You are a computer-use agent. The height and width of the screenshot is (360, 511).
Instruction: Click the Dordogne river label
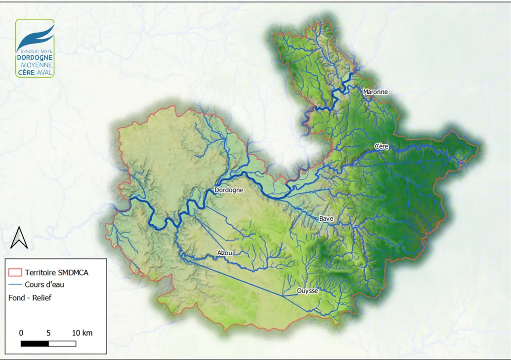[229, 190]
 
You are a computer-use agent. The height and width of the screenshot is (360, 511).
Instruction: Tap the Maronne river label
[375, 92]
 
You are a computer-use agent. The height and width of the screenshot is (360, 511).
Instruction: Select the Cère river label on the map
[382, 146]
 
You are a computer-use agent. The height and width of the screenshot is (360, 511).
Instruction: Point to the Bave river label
[326, 218]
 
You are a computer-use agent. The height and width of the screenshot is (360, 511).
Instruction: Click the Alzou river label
[224, 253]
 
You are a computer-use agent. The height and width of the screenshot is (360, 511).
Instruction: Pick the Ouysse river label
[307, 291]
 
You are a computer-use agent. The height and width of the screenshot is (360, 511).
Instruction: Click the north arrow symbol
[19, 238]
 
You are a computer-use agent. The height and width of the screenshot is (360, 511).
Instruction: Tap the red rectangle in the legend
[15, 272]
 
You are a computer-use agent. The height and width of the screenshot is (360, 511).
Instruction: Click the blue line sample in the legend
[15, 284]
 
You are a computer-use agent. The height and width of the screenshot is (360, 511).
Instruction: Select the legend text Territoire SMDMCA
[56, 272]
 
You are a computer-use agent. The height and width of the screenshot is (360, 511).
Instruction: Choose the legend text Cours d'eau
[44, 284]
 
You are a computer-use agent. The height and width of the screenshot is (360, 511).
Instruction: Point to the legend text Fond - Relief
[30, 298]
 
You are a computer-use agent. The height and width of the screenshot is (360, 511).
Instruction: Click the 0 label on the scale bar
[21, 333]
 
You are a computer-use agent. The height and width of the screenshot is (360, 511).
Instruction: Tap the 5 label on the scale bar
[48, 333]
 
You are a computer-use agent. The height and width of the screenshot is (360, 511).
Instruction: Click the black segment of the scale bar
[35, 343]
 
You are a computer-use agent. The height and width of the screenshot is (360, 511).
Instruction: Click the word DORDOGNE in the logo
[35, 58]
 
